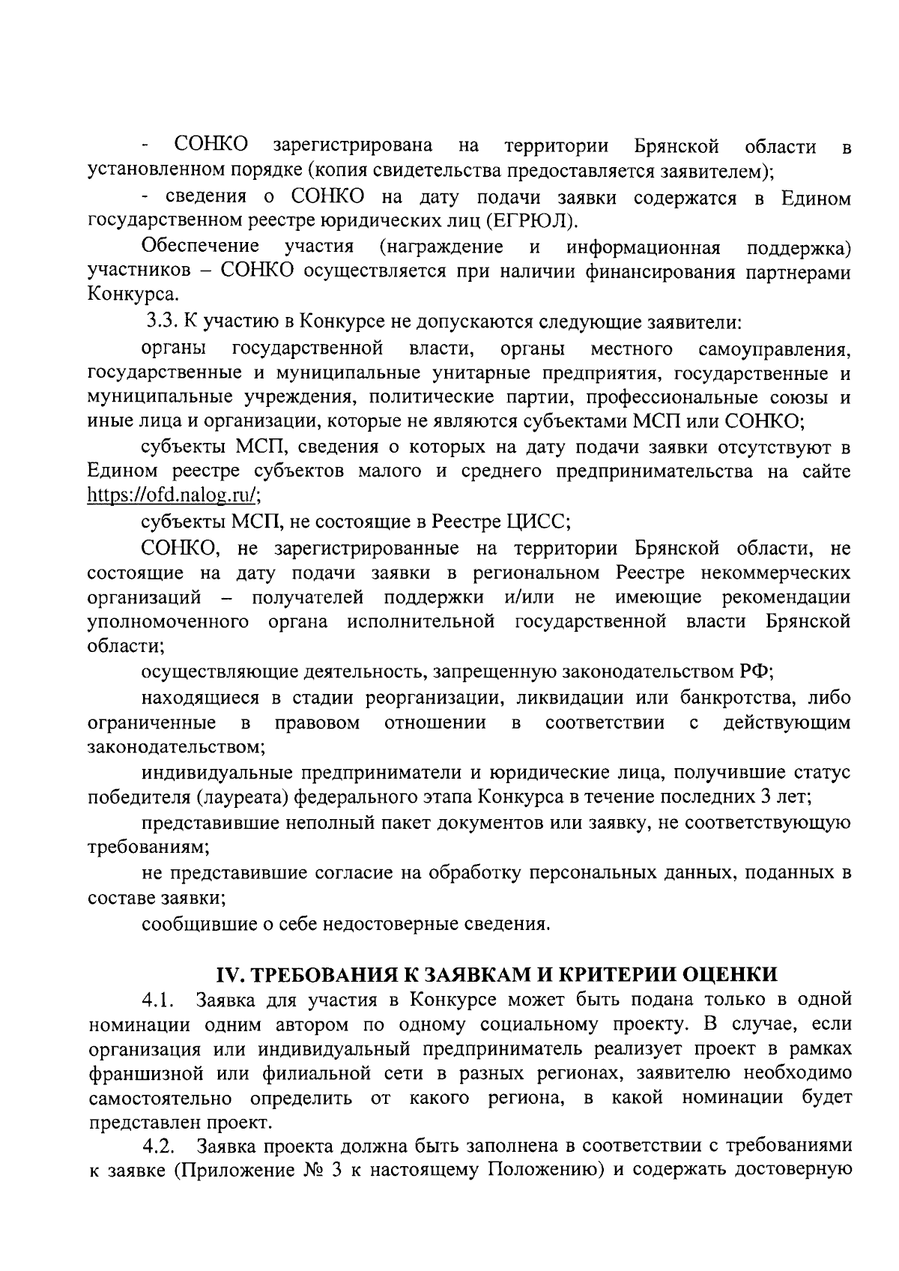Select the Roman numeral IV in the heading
click(x=226, y=974)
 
